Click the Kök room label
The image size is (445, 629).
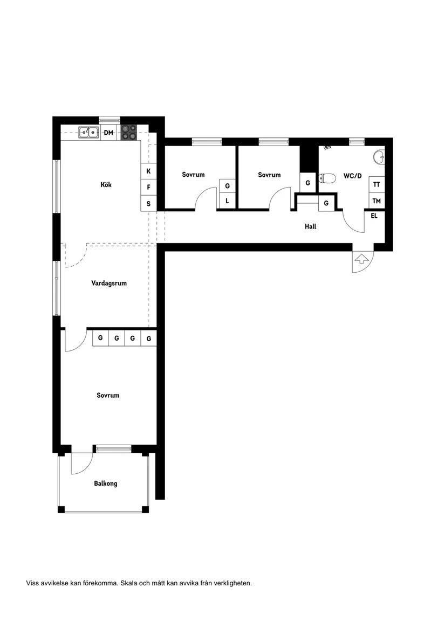106,185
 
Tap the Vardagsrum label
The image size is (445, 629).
109,283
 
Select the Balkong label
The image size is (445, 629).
105,483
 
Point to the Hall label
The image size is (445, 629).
310,227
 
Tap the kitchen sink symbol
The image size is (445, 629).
88,132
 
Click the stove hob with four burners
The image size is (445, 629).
128,132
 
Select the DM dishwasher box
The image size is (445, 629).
108,133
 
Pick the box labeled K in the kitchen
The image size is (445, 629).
148,171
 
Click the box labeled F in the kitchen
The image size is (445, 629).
148,188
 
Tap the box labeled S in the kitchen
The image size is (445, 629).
148,204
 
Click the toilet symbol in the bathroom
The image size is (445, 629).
327,178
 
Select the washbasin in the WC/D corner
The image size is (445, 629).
380,157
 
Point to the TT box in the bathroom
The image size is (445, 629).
376,184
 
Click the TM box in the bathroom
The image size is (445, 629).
376,201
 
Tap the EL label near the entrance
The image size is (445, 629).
374,216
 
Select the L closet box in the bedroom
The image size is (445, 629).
227,201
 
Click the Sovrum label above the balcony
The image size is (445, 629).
108,395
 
